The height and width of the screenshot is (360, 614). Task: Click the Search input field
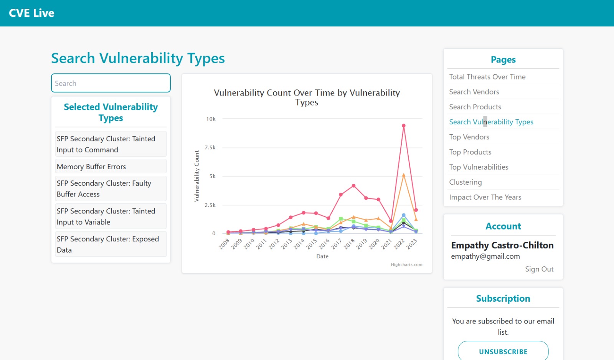click(x=111, y=83)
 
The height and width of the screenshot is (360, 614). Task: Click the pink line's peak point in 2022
click(x=403, y=126)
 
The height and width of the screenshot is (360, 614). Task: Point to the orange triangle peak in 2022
click(x=403, y=175)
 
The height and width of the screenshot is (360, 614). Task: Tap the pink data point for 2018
click(x=353, y=186)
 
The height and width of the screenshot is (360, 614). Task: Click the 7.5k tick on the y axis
click(x=210, y=147)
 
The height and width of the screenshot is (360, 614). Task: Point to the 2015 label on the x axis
click(x=312, y=244)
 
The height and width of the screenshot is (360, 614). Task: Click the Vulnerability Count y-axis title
click(x=197, y=176)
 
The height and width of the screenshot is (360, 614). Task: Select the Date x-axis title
click(x=322, y=256)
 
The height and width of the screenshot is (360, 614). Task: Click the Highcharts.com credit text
click(x=406, y=264)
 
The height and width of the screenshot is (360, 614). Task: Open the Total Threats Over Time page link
click(x=487, y=77)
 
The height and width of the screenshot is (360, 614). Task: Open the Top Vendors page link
click(x=469, y=137)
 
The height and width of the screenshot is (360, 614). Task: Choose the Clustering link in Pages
click(x=465, y=182)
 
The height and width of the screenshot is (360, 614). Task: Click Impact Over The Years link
click(x=485, y=197)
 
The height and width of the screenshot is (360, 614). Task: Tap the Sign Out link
click(x=539, y=269)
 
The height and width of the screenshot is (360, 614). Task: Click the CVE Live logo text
click(x=31, y=13)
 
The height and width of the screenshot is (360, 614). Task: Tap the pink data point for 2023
click(x=416, y=210)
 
